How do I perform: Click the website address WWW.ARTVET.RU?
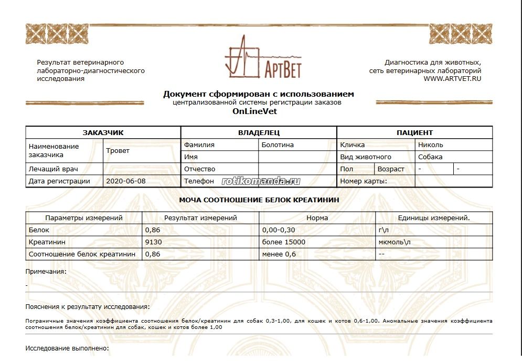[x=452, y=79]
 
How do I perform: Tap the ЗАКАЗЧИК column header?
[x=103, y=133]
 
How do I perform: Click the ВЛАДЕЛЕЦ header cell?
[x=259, y=133]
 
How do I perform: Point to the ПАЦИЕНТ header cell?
[x=414, y=133]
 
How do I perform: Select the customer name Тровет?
[x=118, y=151]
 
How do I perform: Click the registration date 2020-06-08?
[x=126, y=181]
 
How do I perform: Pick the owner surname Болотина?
[x=278, y=145]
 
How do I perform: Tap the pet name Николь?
[x=431, y=145]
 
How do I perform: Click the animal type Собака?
[x=430, y=157]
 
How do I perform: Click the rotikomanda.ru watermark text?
[x=261, y=181]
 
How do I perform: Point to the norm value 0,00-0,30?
[x=280, y=230]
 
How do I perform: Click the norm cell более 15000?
[x=283, y=242]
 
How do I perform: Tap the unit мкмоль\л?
[x=395, y=242]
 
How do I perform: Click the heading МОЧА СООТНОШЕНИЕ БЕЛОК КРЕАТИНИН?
[x=259, y=200]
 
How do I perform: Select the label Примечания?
[x=46, y=272]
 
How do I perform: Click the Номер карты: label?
[x=364, y=181]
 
